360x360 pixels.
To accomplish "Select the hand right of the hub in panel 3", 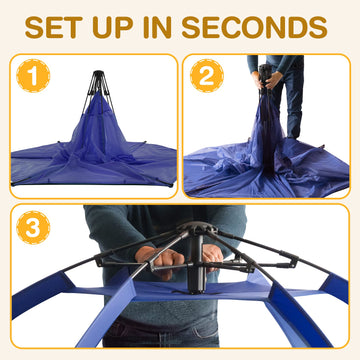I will coord(212,257).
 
